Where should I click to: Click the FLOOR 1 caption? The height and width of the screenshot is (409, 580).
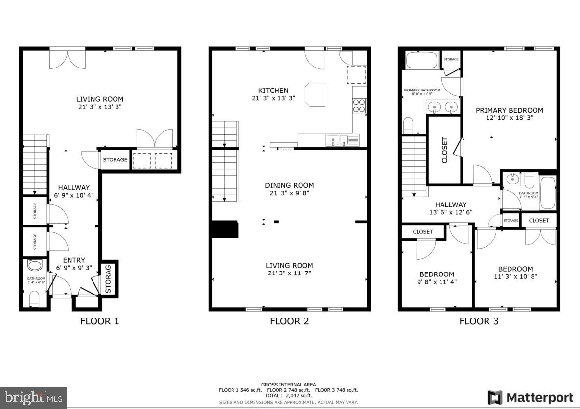click(99, 321)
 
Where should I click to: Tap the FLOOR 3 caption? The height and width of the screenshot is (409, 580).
click(479, 321)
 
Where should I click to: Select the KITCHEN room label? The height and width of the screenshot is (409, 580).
click(273, 91)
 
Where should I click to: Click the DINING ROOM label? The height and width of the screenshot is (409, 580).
click(289, 185)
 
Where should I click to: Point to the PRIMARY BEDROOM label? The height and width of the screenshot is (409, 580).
click(509, 110)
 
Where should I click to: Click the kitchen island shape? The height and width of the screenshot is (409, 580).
click(315, 94)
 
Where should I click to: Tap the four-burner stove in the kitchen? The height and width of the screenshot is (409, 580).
click(359, 106)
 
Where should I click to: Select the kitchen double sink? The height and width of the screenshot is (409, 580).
click(337, 140)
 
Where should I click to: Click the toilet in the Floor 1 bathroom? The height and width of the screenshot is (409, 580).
click(34, 298)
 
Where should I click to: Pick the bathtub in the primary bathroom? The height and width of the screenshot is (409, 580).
click(421, 61)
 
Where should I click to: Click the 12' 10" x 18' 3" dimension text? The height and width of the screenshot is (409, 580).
click(509, 118)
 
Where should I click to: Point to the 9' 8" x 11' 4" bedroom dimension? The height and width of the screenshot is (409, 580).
click(437, 282)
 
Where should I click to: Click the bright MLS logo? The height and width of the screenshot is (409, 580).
click(33, 397)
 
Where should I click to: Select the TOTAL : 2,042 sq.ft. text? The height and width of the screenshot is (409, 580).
click(289, 395)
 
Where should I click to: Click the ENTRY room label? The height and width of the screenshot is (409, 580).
click(74, 260)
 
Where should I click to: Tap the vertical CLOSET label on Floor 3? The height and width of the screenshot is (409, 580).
click(444, 150)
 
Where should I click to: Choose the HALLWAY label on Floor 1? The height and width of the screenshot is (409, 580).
click(74, 188)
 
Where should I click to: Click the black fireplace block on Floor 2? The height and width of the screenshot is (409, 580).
click(225, 229)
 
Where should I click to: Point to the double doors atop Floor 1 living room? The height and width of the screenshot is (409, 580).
click(68, 58)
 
